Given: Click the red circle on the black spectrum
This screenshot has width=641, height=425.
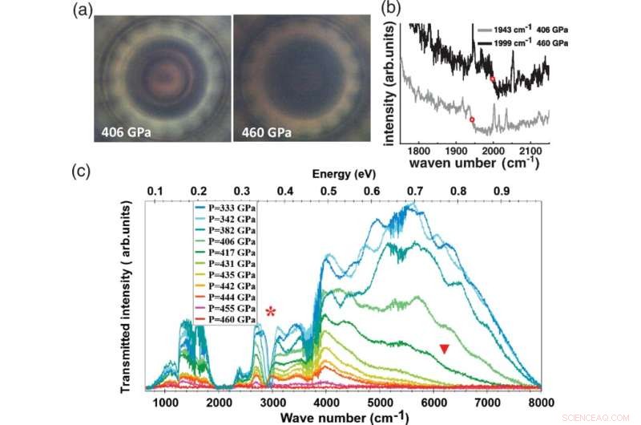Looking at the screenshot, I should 493,78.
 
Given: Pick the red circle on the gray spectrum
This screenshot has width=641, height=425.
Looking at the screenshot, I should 472,119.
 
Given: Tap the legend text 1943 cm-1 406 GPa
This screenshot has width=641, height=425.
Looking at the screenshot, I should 522,30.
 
